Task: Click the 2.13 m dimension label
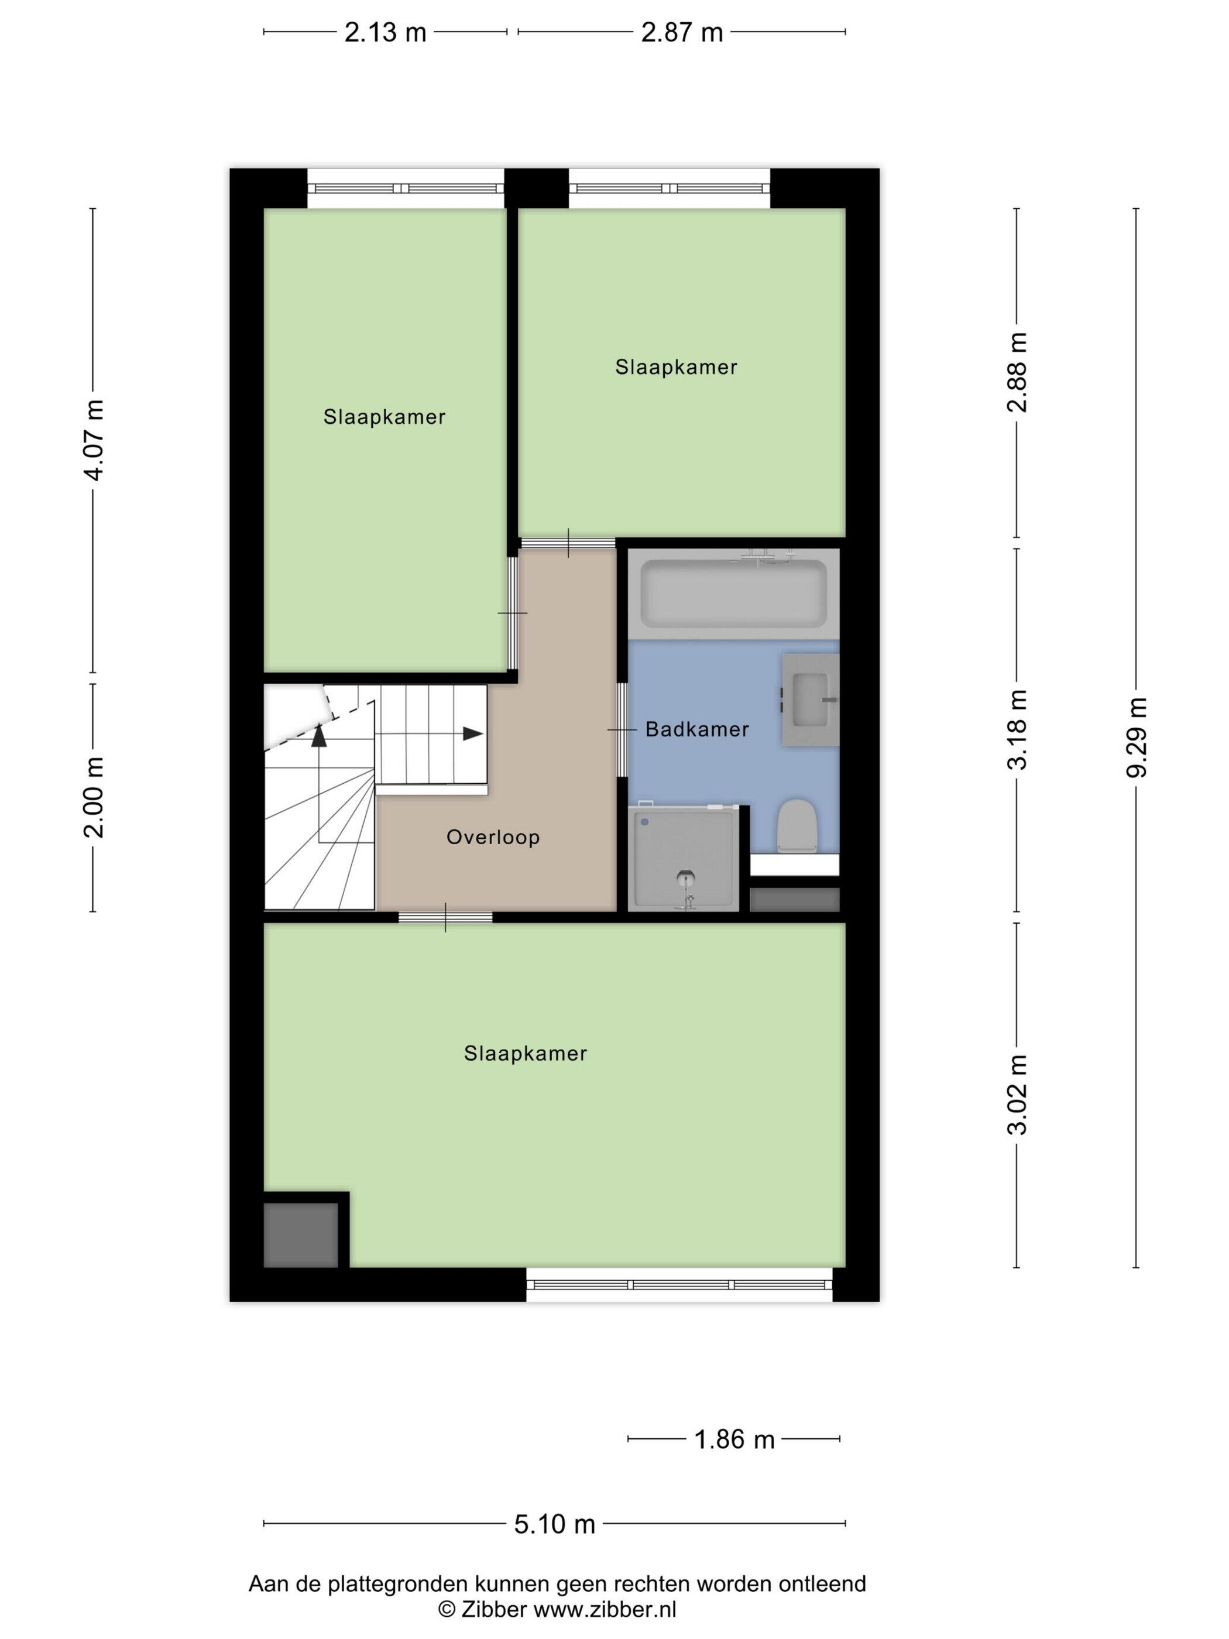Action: tap(385, 33)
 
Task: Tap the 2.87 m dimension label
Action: tap(682, 33)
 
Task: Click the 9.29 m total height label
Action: tap(1137, 737)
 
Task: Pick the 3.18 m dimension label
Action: tap(1017, 730)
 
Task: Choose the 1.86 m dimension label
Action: tap(734, 1439)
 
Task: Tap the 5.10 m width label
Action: tap(555, 1524)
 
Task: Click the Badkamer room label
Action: tap(697, 730)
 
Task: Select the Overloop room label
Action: tap(493, 837)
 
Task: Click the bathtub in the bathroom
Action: tap(733, 594)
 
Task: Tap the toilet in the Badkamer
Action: tap(797, 825)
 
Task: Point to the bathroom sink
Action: tap(811, 700)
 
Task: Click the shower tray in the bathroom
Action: tap(684, 859)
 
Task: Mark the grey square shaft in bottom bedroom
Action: tap(301, 1235)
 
